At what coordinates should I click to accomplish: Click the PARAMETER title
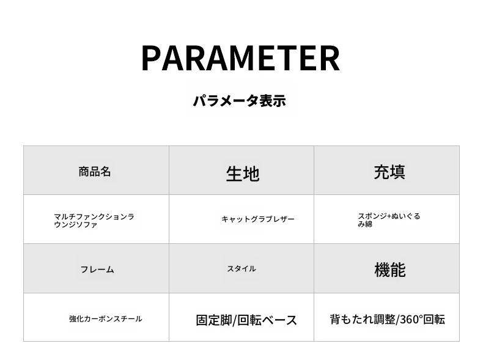[240, 58]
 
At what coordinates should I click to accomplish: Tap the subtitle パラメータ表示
[239, 101]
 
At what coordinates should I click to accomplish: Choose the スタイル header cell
[242, 268]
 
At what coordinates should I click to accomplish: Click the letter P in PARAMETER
[151, 58]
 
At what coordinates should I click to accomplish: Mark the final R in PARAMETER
[330, 58]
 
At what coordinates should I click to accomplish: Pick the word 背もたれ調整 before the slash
[363, 319]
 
